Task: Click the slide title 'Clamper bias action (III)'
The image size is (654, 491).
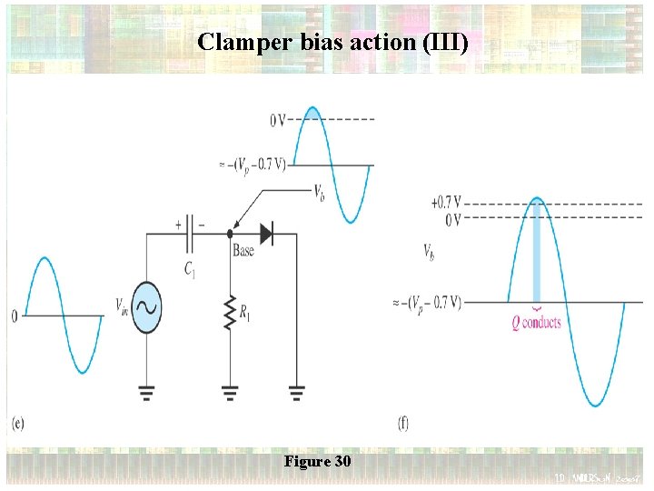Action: (332, 42)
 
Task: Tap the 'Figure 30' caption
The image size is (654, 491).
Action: (317, 462)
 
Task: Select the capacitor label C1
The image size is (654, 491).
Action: (189, 268)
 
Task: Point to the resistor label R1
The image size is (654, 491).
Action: (245, 313)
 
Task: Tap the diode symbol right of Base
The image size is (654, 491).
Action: (265, 234)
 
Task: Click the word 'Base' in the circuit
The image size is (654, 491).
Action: (243, 251)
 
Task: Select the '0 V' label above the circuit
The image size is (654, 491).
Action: (279, 120)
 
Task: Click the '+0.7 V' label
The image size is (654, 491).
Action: (445, 202)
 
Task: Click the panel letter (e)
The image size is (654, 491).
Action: (18, 423)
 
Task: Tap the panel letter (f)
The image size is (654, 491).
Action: (403, 423)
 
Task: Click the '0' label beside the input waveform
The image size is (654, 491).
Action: (14, 316)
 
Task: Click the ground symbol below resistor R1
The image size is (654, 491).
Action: (230, 392)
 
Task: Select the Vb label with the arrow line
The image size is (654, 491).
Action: (321, 192)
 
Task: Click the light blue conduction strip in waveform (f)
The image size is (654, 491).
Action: (538, 255)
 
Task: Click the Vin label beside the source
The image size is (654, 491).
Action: (122, 305)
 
